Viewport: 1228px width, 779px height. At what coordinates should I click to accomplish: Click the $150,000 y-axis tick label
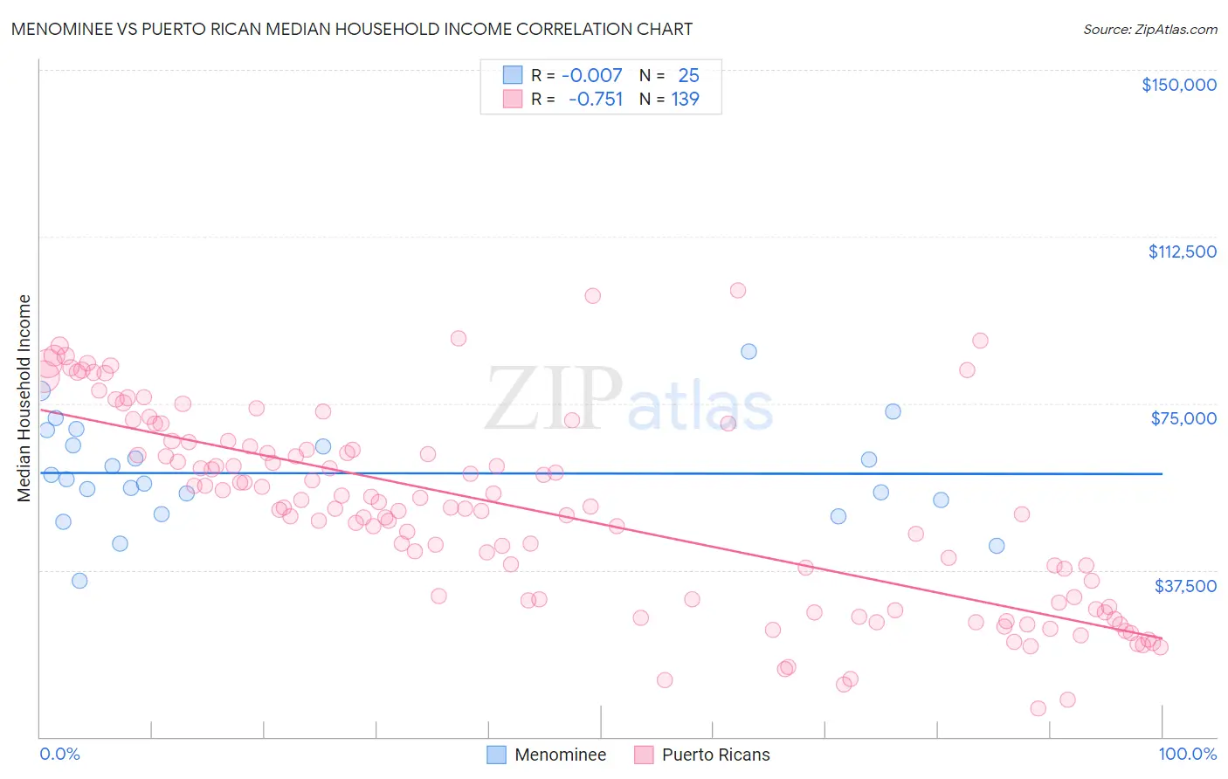coord(1178,85)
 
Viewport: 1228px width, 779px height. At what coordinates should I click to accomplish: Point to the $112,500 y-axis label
coord(1182,252)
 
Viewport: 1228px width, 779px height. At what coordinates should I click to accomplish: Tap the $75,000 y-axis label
coord(1183,418)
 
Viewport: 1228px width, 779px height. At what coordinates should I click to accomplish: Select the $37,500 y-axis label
coord(1184,586)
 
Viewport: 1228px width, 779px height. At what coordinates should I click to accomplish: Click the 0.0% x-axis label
coord(59,754)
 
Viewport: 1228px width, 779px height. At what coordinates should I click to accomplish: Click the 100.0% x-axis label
coord(1187,754)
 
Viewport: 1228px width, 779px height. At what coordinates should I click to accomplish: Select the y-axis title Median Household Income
coord(24,398)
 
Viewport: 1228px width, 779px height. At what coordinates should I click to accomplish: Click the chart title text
coord(351,29)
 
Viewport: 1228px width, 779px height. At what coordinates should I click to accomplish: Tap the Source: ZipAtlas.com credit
coord(1149,29)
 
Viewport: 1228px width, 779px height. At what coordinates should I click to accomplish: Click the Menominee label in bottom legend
coord(560,755)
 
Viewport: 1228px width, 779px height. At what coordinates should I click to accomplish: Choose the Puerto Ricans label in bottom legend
coord(715,755)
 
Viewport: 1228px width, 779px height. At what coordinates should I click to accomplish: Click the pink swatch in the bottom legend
coord(644,755)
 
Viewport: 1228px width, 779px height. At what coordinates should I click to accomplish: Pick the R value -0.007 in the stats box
coord(591,75)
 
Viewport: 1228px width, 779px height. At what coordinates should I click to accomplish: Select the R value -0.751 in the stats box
coord(595,99)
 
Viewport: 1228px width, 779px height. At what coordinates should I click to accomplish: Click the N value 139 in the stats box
coord(685,99)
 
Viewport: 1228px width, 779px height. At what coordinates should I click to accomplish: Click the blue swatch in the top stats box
coord(512,75)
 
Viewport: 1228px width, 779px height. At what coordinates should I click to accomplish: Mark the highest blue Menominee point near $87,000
coord(749,351)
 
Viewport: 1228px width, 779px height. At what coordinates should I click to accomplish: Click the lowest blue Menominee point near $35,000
coord(79,581)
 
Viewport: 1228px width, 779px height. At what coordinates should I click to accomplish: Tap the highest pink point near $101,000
coord(738,290)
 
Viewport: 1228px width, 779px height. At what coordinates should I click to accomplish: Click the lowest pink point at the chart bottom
coord(1038,708)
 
